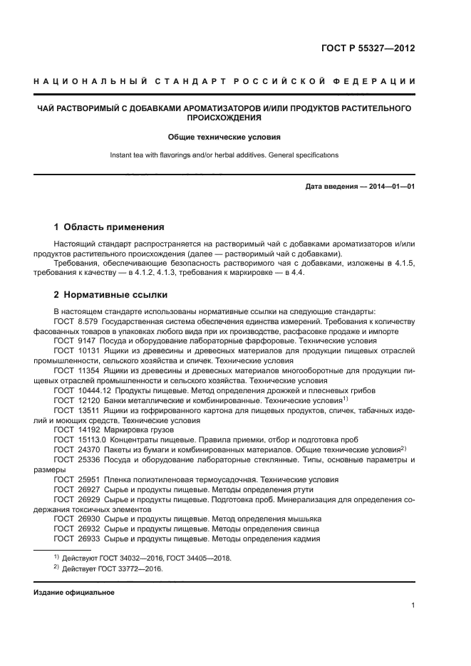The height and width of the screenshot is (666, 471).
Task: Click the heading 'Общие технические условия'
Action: (224, 136)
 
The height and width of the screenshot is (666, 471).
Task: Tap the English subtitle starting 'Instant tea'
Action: (224, 155)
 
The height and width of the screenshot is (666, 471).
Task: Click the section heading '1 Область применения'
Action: (109, 227)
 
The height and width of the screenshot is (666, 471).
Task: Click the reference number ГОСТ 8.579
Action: (76, 321)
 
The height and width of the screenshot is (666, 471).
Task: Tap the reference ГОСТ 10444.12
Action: (81, 390)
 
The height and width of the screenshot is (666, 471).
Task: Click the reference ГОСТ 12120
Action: (76, 400)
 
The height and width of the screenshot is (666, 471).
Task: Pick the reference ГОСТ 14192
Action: (76, 430)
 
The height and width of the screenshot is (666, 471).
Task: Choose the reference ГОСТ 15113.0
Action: (78, 440)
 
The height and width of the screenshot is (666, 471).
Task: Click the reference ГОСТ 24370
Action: (76, 450)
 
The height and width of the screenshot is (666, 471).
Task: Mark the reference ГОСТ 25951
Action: (76, 479)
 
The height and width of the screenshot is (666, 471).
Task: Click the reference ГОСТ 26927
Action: (76, 489)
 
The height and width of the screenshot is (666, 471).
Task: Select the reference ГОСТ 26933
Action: (76, 539)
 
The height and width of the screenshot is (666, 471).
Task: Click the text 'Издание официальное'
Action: (74, 592)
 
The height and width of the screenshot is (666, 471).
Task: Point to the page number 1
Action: (413, 605)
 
